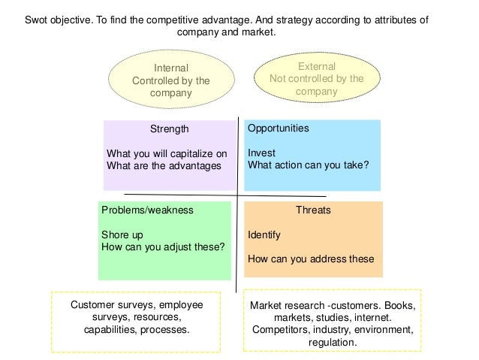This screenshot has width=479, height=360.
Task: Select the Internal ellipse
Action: pos(170,80)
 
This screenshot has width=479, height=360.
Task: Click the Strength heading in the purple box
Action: pos(170,129)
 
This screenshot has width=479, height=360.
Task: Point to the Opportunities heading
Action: pos(278,129)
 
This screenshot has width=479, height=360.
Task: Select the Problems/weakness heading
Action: pos(147,210)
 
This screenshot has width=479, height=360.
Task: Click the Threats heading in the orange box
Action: pos(313,210)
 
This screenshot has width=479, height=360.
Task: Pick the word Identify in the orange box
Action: pos(264,234)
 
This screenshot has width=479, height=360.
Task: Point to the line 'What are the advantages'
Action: pos(164,165)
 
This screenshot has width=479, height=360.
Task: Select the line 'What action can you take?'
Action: pos(308,165)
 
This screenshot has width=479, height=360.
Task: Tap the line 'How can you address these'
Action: pos(311,259)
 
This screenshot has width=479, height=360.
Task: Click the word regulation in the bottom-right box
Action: pos(333,342)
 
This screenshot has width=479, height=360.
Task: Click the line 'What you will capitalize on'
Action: pos(167,153)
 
